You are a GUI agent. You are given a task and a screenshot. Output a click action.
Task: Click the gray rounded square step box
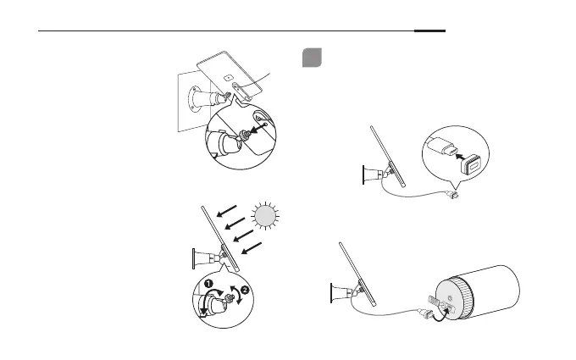click(x=312, y=58)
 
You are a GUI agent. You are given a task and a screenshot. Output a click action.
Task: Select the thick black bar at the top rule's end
click(x=429, y=32)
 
